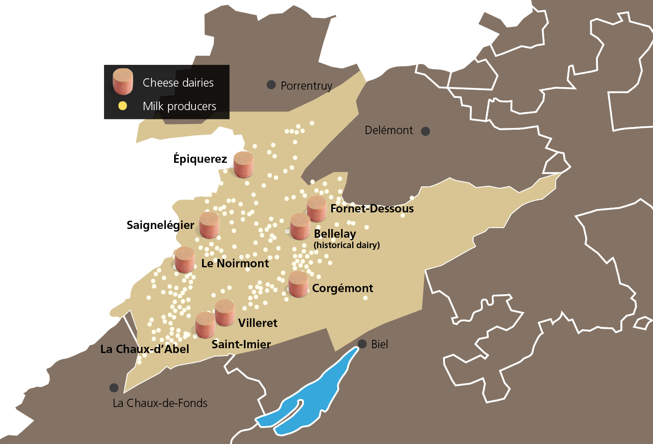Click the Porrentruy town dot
271,85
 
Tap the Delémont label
389,130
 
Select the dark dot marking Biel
362,344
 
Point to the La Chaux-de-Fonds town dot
114,387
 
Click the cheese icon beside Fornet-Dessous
316,209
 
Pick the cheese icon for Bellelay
300,226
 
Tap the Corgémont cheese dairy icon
298,284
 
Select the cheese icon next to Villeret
225,313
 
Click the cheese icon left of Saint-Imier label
205,325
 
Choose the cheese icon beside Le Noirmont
185,260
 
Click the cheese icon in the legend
123,81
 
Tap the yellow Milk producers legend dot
123,106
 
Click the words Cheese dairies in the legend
178,83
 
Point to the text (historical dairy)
347,245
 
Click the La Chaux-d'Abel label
145,349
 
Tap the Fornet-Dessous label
372,209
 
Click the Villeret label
258,323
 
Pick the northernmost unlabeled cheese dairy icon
243,165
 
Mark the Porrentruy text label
306,86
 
